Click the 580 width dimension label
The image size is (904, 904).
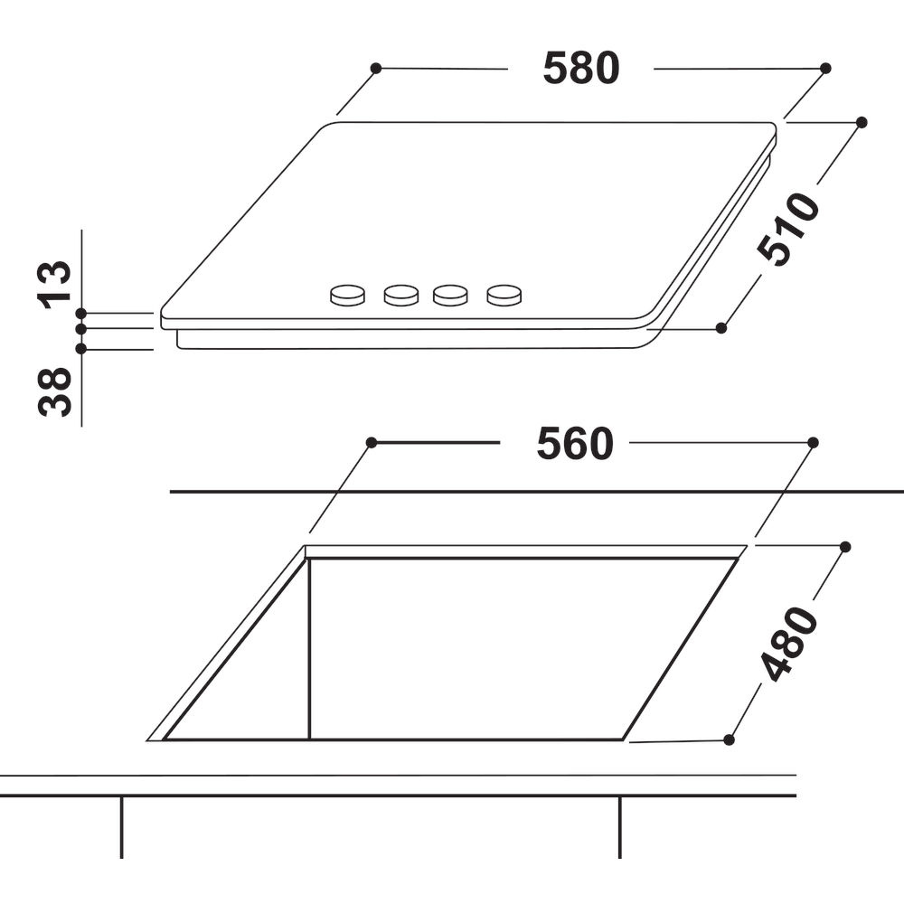coord(581,69)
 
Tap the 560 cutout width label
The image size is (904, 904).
coord(575,444)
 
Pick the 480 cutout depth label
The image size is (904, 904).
coord(788,644)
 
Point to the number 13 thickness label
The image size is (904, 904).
coord(55,284)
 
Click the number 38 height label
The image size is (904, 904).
coord(55,391)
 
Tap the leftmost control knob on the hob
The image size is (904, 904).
coord(347,294)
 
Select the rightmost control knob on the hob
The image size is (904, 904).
coord(504,294)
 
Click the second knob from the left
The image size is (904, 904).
coord(400,294)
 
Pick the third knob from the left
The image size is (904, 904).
coord(451,294)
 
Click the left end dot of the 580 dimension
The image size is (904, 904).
coord(376,68)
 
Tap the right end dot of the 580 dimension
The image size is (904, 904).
coord(825,68)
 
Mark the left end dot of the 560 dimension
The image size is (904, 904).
coord(371,442)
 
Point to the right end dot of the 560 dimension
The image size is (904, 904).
coord(813,442)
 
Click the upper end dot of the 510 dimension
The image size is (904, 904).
coord(862,121)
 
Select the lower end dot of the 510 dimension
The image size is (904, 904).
coord(721,327)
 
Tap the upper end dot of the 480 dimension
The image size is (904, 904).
coord(845,546)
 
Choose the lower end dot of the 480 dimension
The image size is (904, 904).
coord(730,739)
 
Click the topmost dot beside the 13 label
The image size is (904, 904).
coord(81,313)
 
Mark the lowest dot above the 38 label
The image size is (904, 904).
coord(81,348)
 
